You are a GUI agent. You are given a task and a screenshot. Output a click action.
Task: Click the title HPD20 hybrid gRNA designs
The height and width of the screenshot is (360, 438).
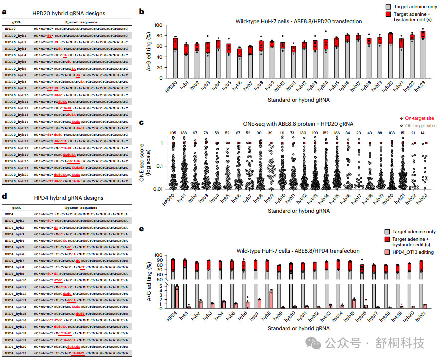tap(69, 13)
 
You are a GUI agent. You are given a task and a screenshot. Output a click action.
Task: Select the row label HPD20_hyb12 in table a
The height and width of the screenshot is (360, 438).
tap(16, 108)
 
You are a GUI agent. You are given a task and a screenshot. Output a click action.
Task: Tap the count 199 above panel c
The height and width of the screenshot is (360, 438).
tap(314, 133)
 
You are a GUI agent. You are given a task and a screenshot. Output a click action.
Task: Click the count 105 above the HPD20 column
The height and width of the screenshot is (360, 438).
tap(175, 133)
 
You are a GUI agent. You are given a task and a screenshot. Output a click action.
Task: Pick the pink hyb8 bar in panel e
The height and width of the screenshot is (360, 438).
tap(271, 299)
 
